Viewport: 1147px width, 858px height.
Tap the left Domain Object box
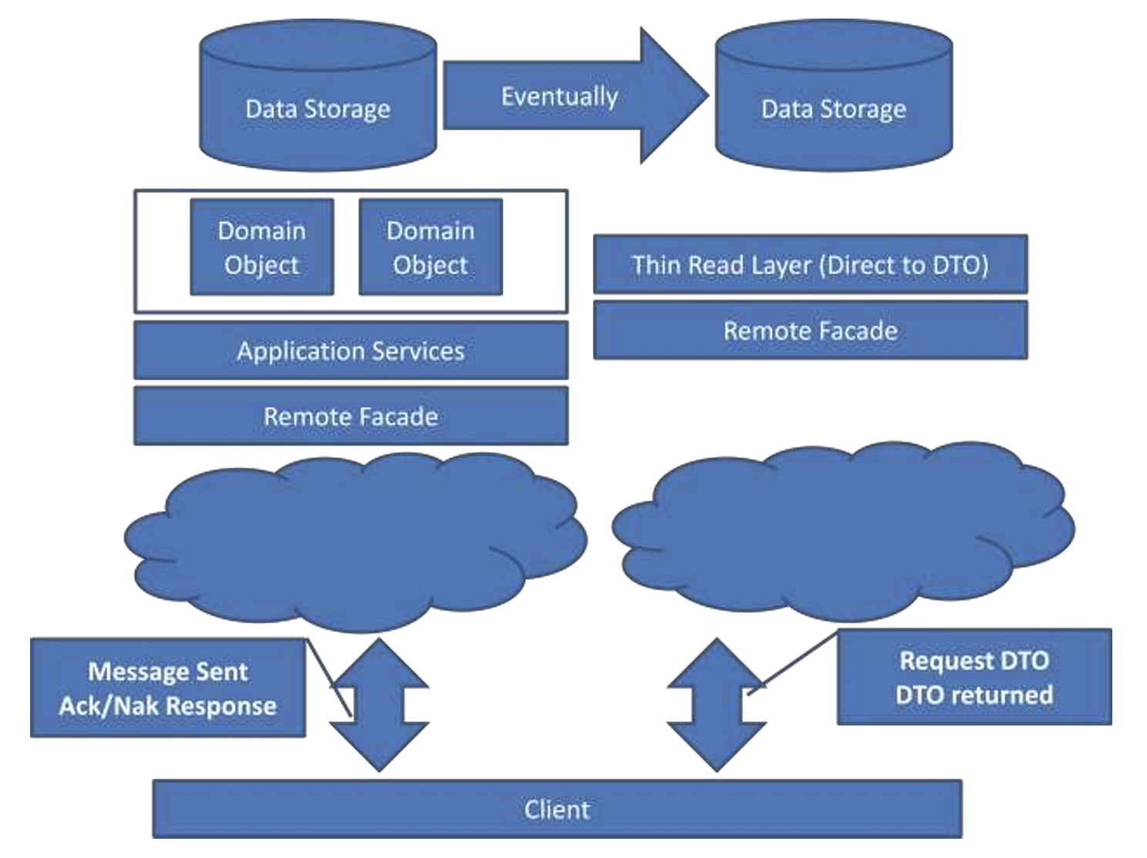click(262, 247)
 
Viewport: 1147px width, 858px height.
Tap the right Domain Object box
click(431, 247)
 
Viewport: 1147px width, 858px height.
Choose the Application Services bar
click(351, 351)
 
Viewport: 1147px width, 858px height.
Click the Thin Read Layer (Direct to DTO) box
click(810, 265)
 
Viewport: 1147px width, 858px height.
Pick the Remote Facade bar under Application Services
click(351, 417)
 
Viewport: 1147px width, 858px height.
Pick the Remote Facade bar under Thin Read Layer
click(810, 331)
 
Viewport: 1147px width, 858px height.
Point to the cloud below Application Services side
click(355, 540)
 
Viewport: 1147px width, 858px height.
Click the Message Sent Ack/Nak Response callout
click(168, 688)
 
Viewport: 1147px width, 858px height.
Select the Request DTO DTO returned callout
click(974, 677)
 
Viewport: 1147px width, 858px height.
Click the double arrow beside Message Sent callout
click(379, 704)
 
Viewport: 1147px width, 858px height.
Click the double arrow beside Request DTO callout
click(717, 704)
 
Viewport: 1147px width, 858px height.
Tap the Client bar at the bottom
click(557, 809)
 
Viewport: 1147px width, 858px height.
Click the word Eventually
click(560, 96)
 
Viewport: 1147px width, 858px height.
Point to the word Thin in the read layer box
click(656, 265)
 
